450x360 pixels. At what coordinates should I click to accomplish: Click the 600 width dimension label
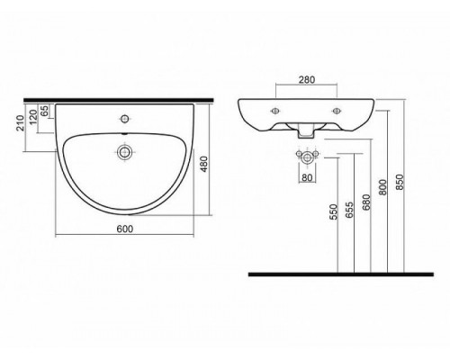point(124,229)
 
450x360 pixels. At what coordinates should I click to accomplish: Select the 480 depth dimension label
point(204,164)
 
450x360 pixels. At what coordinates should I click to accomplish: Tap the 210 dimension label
point(21,122)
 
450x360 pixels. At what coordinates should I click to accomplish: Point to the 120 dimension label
point(33,117)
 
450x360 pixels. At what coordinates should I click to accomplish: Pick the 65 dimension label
point(44,111)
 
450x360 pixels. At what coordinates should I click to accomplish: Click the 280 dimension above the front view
point(307,79)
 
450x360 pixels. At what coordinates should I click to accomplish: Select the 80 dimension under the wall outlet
point(307,177)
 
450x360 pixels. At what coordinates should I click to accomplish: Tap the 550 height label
point(333,211)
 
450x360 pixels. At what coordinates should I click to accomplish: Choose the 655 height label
point(349,210)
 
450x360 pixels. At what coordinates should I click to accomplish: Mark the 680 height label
point(366,202)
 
